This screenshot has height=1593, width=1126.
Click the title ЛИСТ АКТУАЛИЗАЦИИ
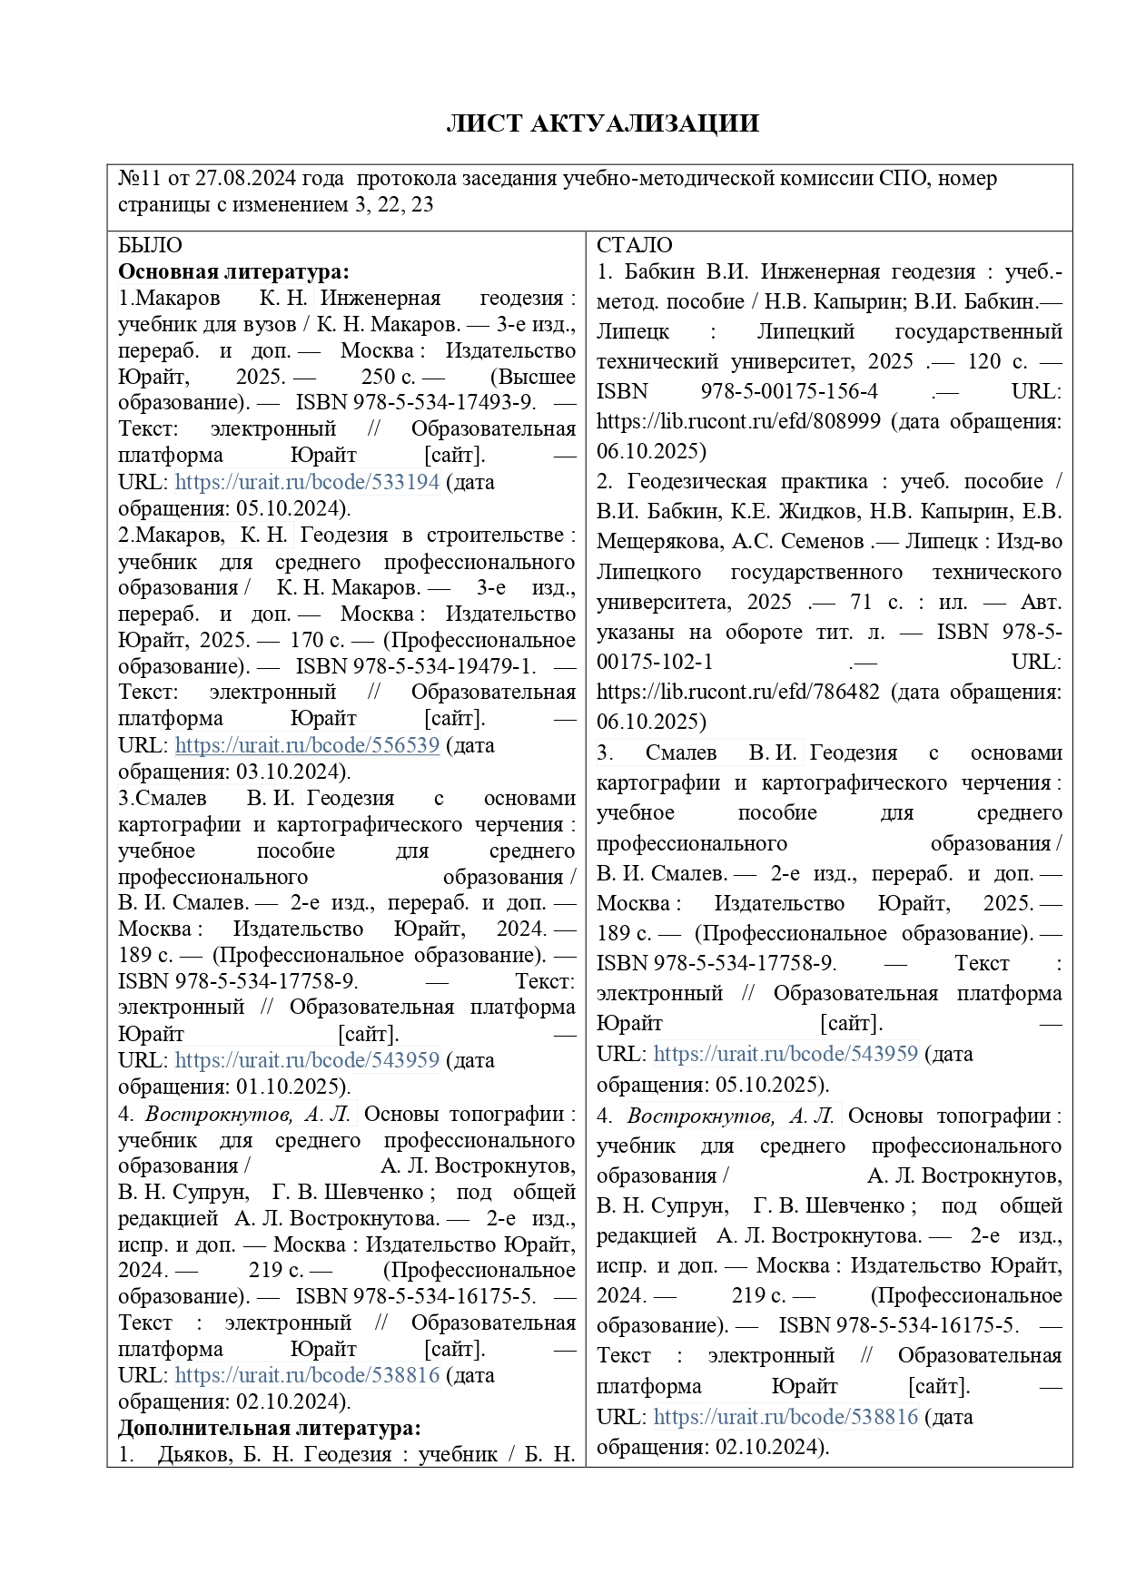[602, 124]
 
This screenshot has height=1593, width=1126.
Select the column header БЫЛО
[150, 245]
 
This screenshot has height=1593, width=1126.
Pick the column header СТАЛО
[634, 245]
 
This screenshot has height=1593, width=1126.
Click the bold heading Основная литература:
[233, 271]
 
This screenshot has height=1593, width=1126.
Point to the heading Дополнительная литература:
[269, 1428]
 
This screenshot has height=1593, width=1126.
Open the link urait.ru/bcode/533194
[307, 482]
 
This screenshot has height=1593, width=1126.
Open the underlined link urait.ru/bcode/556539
[307, 745]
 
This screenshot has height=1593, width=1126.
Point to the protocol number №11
[138, 178]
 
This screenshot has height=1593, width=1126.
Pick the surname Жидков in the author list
[816, 512]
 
